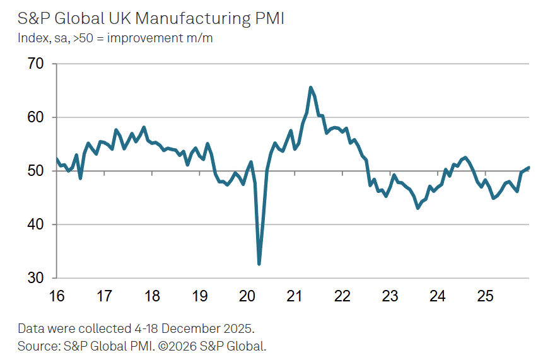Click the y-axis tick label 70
click(36, 64)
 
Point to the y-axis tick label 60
click(36, 117)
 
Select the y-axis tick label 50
click(36, 171)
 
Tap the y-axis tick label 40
click(36, 224)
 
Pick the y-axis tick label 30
click(36, 278)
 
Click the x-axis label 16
click(57, 295)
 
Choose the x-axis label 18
click(152, 295)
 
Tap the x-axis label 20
click(247, 295)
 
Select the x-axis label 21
click(295, 295)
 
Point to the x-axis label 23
click(390, 295)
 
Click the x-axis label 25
click(484, 295)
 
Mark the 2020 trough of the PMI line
click(259, 264)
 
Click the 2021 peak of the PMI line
click(311, 88)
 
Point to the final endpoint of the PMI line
click(529, 168)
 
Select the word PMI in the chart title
click(269, 18)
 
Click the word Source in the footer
click(37, 345)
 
